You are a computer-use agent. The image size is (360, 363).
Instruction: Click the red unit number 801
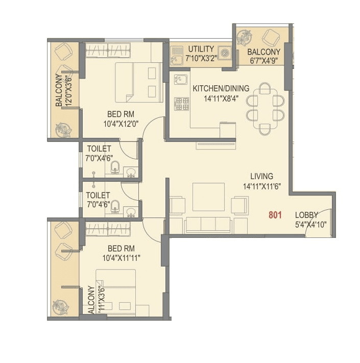275,215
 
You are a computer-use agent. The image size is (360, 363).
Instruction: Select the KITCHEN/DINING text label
221,88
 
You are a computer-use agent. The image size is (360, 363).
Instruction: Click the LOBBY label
306,215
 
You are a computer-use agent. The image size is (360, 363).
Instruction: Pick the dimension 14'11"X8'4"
221,99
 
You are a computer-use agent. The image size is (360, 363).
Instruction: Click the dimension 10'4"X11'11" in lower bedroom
121,258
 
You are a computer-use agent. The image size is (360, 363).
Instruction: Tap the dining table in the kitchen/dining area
265,108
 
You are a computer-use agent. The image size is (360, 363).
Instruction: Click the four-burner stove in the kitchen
181,104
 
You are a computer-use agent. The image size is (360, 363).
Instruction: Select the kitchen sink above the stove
180,80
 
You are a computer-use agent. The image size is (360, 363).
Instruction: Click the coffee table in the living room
208,197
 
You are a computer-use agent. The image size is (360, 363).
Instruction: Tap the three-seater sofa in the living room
208,224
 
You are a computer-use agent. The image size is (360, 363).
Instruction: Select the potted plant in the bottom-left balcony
61,308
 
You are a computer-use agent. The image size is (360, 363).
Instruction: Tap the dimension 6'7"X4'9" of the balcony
263,61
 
